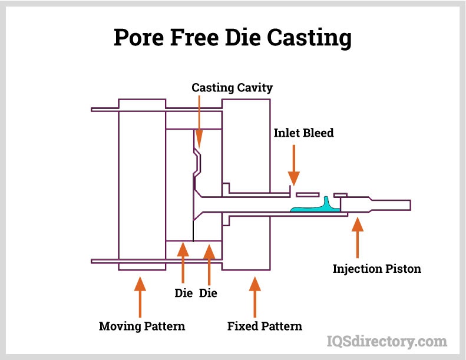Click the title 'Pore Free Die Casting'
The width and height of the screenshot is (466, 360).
tap(233, 38)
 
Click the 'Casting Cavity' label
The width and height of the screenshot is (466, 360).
tap(232, 88)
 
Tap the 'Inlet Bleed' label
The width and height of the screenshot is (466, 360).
tap(303, 133)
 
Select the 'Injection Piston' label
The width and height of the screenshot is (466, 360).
tap(377, 269)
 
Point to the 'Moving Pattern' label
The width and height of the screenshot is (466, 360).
tap(141, 326)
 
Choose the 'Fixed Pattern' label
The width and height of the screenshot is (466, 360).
tap(265, 326)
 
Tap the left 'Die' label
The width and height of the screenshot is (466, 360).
tap(184, 293)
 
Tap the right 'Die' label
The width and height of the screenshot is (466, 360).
tap(209, 293)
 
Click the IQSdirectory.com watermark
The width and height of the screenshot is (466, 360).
tap(386, 341)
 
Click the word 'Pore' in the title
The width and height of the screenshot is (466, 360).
tap(140, 38)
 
